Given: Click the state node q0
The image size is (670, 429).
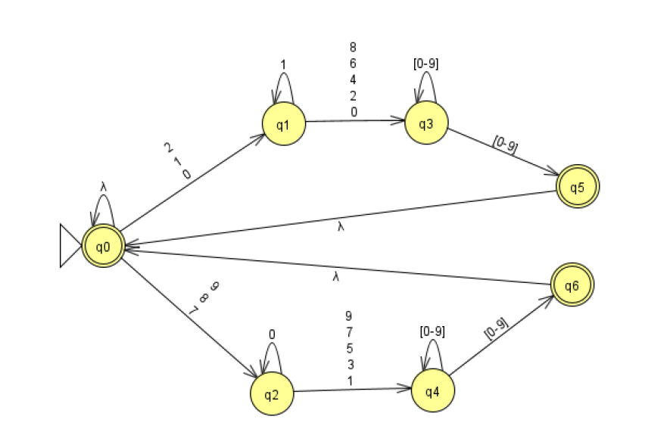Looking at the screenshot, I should [x=103, y=246].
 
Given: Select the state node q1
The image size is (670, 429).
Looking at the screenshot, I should [x=283, y=124].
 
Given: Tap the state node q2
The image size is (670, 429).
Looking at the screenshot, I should [x=273, y=395].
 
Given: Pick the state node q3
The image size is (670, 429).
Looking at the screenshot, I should [x=426, y=123].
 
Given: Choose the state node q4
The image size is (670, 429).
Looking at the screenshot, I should [x=432, y=391].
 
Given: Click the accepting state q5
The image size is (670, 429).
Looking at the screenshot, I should [x=578, y=186].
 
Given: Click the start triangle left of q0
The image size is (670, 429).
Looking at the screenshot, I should [x=70, y=246].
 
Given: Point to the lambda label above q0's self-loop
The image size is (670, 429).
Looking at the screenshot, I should [x=104, y=185].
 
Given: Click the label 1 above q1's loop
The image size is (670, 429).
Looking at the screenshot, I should [x=283, y=65].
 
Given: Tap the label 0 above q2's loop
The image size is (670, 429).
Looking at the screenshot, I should [x=273, y=334].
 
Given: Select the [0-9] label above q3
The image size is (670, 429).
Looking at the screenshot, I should [x=425, y=64].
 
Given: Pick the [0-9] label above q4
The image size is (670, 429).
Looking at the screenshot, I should [x=432, y=331].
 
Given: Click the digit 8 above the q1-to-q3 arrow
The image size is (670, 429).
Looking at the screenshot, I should [x=354, y=47].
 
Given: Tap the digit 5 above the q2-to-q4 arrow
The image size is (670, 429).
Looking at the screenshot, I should [x=348, y=349].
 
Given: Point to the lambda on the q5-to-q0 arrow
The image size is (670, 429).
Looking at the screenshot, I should [x=341, y=226].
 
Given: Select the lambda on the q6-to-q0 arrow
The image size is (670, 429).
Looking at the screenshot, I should [x=335, y=278].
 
